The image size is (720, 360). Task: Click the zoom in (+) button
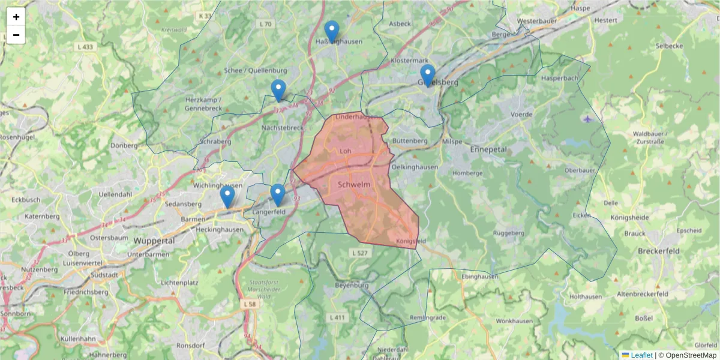[16, 17]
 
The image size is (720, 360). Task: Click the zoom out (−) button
[16, 35]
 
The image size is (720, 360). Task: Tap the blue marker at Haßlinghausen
[331, 32]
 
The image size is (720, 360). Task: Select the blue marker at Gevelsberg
[427, 76]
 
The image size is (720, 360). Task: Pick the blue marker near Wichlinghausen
[227, 196]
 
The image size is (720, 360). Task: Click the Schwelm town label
[354, 184]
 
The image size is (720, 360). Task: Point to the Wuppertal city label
[154, 241]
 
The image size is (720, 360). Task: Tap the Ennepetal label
[488, 149]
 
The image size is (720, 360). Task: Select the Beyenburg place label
[352, 286]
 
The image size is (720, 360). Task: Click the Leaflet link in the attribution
[641, 355]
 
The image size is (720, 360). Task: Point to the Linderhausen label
[358, 116]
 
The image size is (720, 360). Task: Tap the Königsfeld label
[411, 241]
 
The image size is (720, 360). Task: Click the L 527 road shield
[358, 253]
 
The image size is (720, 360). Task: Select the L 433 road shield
[85, 46]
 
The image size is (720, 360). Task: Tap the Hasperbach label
[559, 78]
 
